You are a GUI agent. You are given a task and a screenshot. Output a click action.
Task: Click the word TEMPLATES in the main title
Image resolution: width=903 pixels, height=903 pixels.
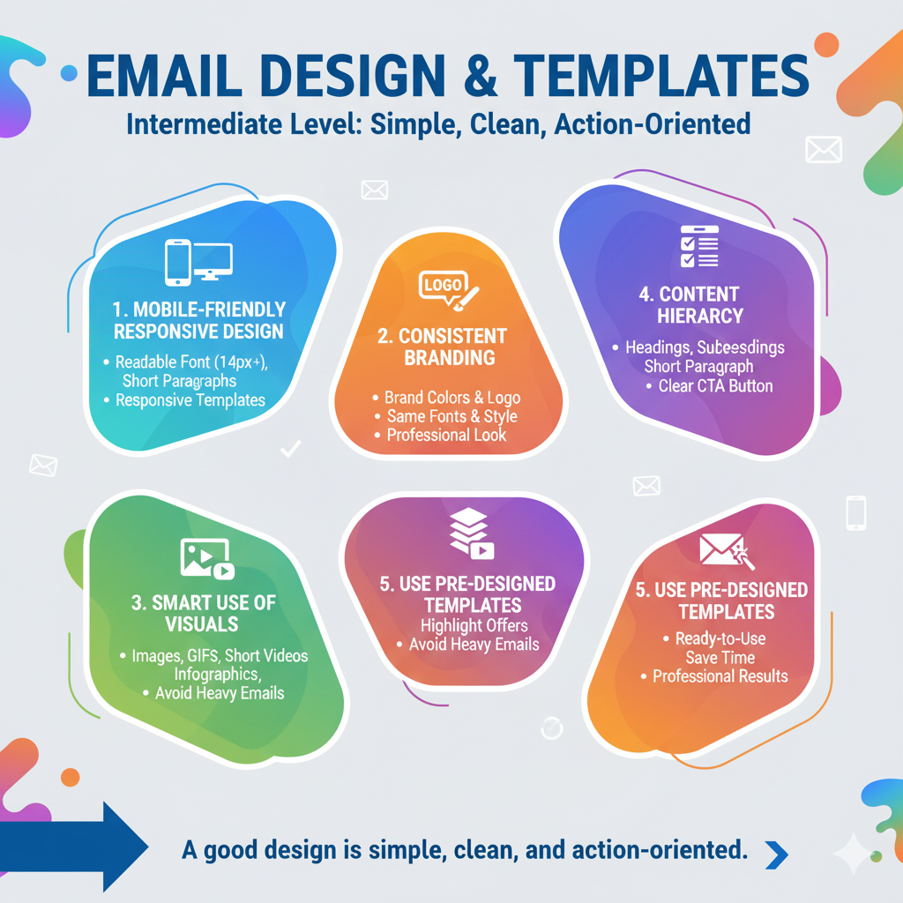click(x=661, y=76)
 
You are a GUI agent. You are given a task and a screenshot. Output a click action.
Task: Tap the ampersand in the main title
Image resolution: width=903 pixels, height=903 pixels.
click(x=480, y=76)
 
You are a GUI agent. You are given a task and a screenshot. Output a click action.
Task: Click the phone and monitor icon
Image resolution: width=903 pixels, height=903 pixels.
click(x=198, y=263)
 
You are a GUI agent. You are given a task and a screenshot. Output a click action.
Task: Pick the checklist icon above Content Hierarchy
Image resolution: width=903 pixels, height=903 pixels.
click(x=699, y=247)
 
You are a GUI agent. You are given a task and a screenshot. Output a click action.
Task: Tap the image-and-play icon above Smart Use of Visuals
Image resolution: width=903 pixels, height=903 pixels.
click(x=207, y=558)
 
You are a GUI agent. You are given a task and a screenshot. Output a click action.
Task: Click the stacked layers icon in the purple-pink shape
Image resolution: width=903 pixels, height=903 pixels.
click(x=472, y=534)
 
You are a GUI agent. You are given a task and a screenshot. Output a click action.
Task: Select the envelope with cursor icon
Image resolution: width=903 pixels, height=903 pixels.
click(x=727, y=550)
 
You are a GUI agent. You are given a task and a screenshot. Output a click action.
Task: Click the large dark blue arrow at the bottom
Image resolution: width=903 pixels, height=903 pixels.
click(x=74, y=846)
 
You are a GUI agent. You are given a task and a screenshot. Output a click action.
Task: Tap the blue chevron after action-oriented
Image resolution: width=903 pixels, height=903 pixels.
click(x=776, y=854)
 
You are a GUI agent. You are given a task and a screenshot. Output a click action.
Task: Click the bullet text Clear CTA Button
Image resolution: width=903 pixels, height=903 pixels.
click(x=715, y=386)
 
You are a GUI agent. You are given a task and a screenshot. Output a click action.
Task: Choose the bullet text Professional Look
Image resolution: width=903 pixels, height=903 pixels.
click(x=446, y=435)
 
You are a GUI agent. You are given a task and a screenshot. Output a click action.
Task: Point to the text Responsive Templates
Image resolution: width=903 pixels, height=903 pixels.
click(x=190, y=400)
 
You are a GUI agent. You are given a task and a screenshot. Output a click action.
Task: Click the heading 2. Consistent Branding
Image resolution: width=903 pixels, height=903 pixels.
click(x=443, y=347)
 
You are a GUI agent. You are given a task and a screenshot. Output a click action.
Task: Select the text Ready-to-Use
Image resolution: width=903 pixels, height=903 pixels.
click(x=720, y=638)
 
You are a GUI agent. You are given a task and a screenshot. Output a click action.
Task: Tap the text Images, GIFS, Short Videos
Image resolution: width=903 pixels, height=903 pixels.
click(x=220, y=656)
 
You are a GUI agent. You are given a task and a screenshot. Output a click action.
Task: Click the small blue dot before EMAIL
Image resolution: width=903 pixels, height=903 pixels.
click(x=69, y=73)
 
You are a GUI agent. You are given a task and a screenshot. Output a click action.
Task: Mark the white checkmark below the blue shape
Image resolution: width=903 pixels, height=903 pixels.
click(x=291, y=449)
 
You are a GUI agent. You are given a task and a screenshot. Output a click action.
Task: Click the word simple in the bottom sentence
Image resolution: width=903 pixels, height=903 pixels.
click(x=407, y=851)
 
